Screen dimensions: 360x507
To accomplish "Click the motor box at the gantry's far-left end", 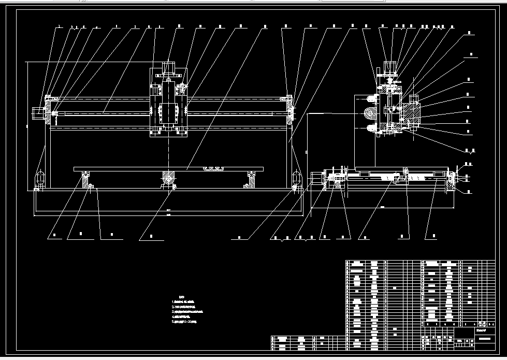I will tap(38, 113).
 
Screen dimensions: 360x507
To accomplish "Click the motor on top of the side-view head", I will tap(390, 67).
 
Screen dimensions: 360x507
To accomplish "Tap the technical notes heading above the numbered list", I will tap(175, 297).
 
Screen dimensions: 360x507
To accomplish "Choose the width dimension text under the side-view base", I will tap(383, 207).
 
